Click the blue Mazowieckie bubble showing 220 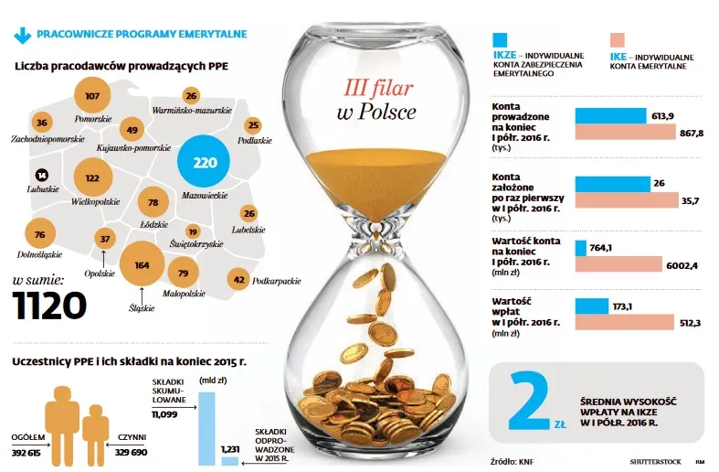tap(205, 163)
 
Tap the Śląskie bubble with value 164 tap(142, 264)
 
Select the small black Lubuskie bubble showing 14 tap(42, 175)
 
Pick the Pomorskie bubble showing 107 tap(91, 95)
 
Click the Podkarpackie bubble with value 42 tap(238, 280)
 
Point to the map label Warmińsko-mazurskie tap(191, 111)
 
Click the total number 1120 tap(49, 306)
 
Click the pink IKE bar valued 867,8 tap(626, 134)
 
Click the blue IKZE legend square tap(500, 41)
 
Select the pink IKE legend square tap(618, 41)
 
